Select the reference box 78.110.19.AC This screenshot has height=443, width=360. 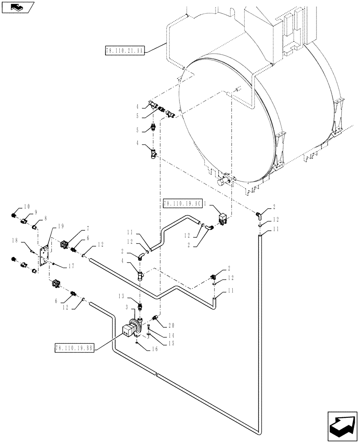coord(183,204)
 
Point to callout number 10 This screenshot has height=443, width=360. coord(27,206)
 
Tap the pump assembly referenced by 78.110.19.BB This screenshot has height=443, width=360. coord(129,330)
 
